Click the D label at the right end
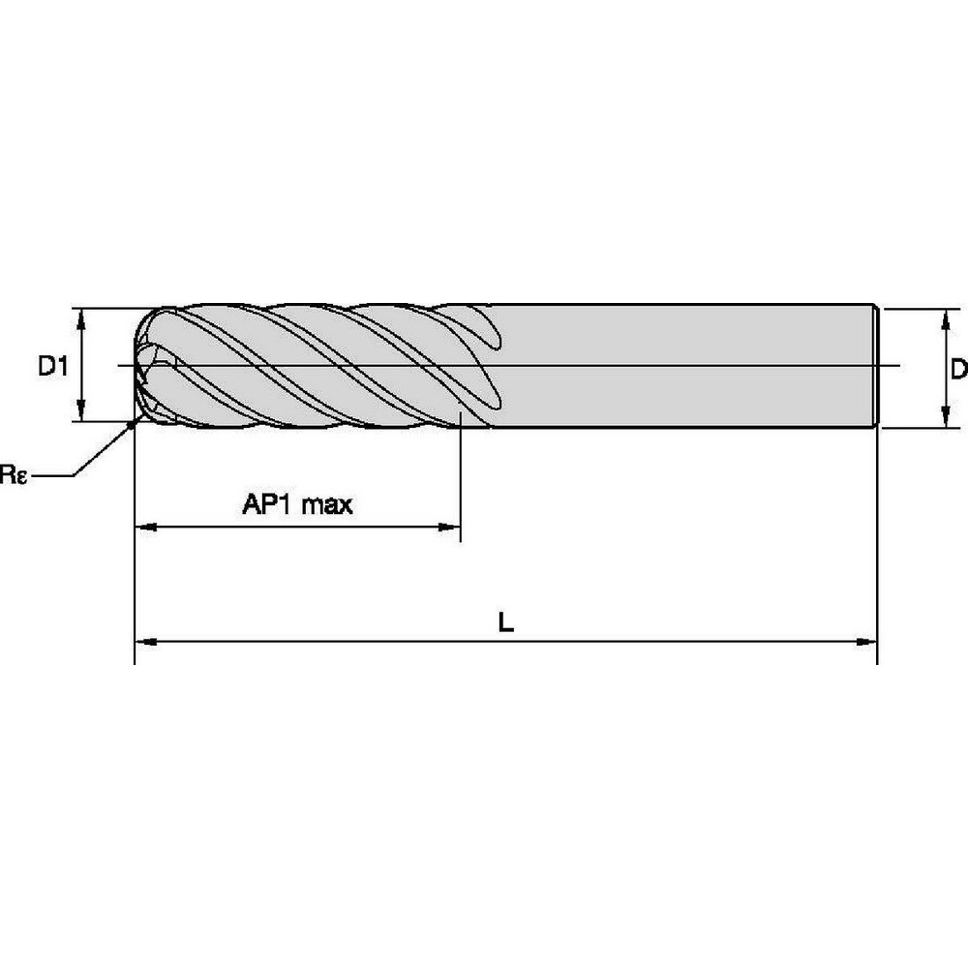[x=958, y=369]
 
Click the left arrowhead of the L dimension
[x=143, y=641]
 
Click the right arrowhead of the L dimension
[x=867, y=641]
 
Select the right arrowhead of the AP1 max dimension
[x=450, y=528]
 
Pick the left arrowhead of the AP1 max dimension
[x=144, y=528]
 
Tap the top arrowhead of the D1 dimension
[x=81, y=318]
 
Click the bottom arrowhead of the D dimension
[x=944, y=418]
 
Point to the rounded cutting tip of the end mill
[x=145, y=366]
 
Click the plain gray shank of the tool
[x=678, y=366]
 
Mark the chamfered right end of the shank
[x=876, y=366]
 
